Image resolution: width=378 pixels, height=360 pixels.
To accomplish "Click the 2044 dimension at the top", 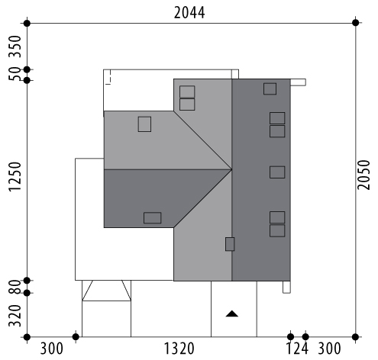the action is (x=189, y=13).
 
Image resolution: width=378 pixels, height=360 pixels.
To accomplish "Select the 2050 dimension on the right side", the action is (x=363, y=175).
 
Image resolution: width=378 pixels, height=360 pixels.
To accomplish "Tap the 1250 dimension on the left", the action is (x=15, y=176).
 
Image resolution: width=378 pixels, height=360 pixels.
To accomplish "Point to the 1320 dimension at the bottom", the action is (x=179, y=349).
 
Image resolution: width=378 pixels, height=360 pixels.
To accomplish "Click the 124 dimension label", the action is (x=298, y=349).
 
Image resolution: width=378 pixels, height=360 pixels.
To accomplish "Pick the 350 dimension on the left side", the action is (x=15, y=47).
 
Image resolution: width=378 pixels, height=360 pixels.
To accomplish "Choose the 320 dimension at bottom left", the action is (x=15, y=316).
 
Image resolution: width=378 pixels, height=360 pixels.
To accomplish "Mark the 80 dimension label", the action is (x=15, y=287).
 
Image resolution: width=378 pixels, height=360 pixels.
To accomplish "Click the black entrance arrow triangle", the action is (x=232, y=313).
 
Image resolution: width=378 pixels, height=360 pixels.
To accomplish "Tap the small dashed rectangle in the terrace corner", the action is (x=108, y=77).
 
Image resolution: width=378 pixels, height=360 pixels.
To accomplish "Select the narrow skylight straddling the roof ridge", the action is (x=230, y=244).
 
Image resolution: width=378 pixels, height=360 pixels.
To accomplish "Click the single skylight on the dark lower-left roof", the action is (x=153, y=218).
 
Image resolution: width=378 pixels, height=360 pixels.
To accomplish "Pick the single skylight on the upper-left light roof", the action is (x=144, y=124).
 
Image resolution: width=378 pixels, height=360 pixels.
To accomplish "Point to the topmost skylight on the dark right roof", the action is (x=270, y=88).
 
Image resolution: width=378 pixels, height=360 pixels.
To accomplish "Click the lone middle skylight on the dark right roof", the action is (x=277, y=172).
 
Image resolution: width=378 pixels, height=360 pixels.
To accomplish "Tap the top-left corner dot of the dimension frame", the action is (x=27, y=23).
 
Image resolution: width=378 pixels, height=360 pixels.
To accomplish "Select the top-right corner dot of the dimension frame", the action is (x=356, y=23).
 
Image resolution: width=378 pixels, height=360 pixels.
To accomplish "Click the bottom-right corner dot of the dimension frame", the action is (x=356, y=337).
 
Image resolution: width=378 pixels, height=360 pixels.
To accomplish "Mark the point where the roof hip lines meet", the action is (x=232, y=169).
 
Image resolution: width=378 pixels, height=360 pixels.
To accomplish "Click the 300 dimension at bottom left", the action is (x=51, y=349).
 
